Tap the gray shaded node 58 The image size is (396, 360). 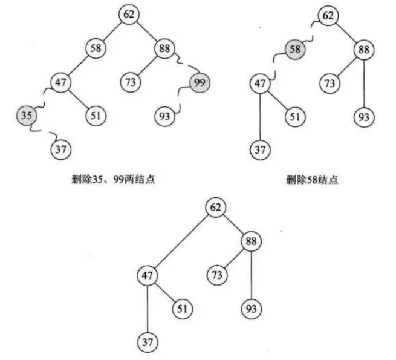click(295, 50)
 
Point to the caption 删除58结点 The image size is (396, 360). click(312, 180)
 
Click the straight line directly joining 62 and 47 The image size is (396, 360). click(181, 241)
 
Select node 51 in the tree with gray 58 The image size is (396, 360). click(294, 116)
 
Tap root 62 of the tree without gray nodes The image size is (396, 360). click(216, 208)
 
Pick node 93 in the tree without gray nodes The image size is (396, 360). click(251, 309)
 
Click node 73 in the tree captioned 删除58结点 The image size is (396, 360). click(329, 82)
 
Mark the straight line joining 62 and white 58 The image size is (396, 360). click(112, 31)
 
